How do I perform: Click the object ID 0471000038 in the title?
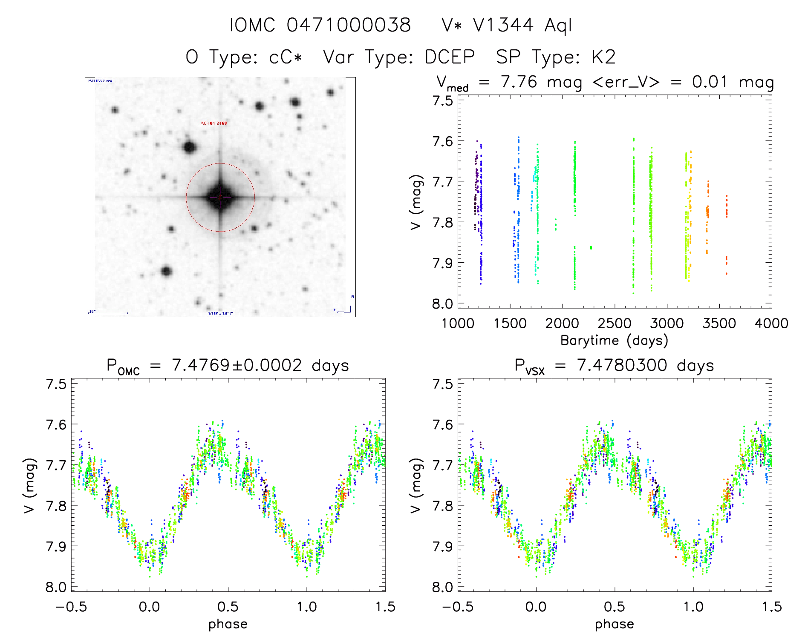349,25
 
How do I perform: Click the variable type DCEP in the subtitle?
450,57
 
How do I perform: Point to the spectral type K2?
603,57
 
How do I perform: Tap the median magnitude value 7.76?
519,82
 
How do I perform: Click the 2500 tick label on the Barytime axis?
615,324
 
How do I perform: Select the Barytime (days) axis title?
614,341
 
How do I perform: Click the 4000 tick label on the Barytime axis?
771,324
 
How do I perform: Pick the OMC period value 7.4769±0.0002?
237,365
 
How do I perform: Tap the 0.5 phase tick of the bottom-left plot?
228,607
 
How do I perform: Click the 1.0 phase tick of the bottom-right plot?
693,607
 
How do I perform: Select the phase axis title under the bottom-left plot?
228,624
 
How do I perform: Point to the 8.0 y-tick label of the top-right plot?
442,304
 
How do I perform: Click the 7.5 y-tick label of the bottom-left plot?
56,384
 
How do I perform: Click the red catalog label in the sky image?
214,123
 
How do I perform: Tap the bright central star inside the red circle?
220,197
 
